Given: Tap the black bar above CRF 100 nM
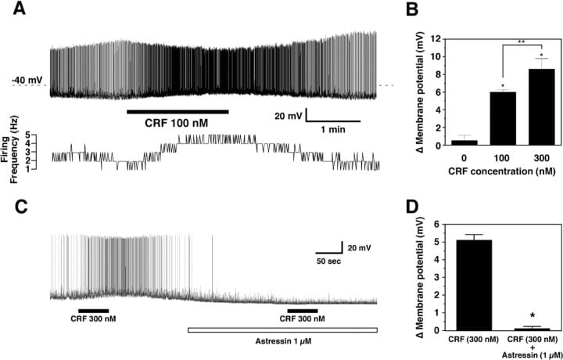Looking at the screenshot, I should (178, 112).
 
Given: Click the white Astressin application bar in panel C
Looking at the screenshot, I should (282, 330).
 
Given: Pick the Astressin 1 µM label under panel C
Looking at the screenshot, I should (282, 343).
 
